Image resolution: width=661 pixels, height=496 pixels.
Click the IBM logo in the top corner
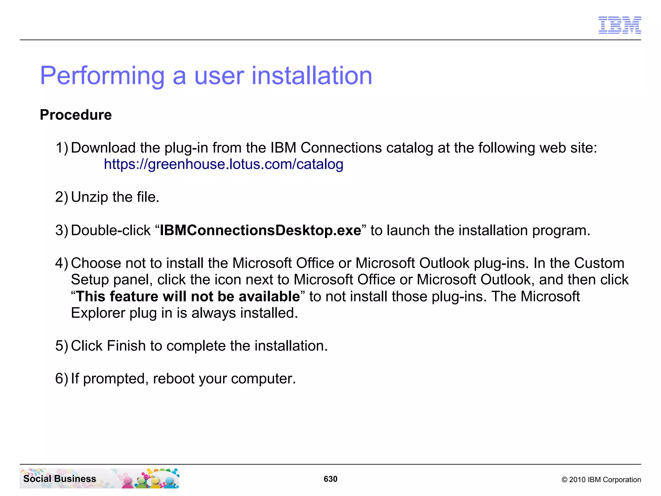(619, 25)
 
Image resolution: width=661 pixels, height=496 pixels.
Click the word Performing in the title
(102, 76)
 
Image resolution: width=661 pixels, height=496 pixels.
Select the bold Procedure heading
(76, 115)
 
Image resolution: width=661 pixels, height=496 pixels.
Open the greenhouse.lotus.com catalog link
(223, 164)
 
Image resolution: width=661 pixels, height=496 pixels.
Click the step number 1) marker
(62, 148)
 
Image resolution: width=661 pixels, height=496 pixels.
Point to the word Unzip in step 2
(89, 197)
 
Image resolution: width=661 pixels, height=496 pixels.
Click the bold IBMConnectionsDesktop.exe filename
(260, 231)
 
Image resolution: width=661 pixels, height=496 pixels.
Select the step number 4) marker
(62, 263)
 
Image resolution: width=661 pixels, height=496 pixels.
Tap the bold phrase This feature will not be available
(188, 296)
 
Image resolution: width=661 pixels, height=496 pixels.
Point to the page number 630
(330, 479)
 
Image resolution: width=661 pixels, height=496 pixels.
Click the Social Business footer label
(60, 479)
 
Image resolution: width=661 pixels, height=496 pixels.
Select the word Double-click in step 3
(111, 231)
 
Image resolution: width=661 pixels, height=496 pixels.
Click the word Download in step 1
(103, 148)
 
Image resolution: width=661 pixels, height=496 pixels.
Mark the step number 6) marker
(62, 379)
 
